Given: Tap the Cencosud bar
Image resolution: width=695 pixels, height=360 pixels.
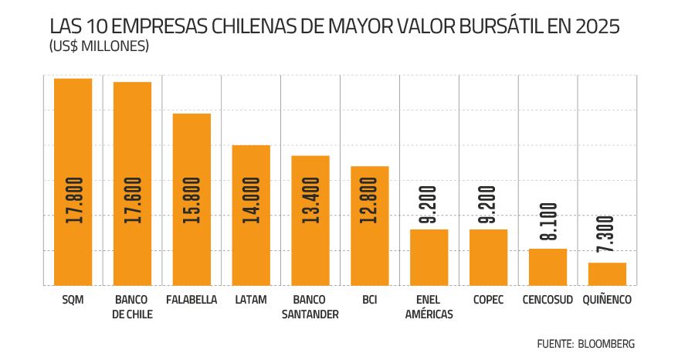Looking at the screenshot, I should [x=548, y=267].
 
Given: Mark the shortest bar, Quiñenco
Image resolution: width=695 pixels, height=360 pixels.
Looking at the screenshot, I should [x=607, y=274].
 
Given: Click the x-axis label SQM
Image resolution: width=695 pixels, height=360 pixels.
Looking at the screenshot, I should [x=73, y=300].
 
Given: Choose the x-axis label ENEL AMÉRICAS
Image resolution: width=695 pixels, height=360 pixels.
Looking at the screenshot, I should [x=429, y=307].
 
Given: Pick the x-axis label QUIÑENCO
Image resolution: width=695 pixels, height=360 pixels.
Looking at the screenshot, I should [x=608, y=300].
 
